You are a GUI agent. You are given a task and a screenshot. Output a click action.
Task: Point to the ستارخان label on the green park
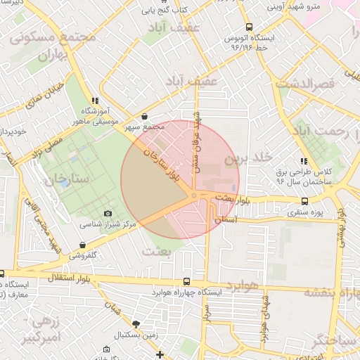tap(67, 179)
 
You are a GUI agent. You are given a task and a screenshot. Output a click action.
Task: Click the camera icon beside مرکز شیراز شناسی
tap(108, 213)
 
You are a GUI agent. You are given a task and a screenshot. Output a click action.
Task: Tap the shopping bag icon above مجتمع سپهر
tap(144, 117)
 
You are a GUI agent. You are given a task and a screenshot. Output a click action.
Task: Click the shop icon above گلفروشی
tap(84, 245)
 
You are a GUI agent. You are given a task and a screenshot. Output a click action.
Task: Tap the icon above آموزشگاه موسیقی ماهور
tap(95, 101)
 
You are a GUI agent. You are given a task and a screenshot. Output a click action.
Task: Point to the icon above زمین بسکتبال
tap(136, 324)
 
